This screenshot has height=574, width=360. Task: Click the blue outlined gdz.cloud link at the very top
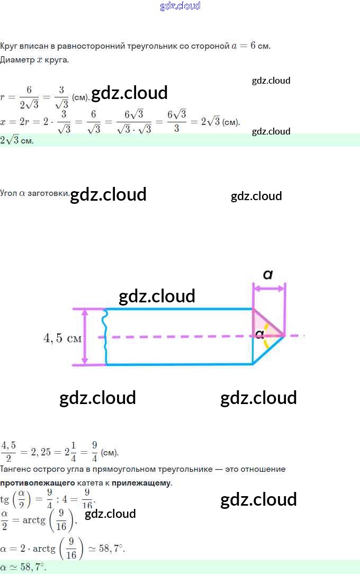(x=180, y=6)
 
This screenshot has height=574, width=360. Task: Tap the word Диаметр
(x=17, y=59)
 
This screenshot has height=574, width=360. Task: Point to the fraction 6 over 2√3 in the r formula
(x=29, y=97)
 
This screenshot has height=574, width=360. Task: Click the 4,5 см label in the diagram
(x=62, y=338)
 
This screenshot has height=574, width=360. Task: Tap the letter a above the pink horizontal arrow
(x=268, y=274)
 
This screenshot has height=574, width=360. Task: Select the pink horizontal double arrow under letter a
(x=269, y=289)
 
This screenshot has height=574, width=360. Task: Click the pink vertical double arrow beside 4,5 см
(x=85, y=337)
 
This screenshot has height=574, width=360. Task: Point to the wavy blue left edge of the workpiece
(x=106, y=337)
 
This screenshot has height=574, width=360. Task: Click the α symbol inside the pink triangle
(x=259, y=334)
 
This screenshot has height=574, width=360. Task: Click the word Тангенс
(x=16, y=469)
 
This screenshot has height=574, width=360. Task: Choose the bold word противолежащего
(x=34, y=483)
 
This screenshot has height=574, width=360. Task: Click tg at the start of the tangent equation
(x=5, y=499)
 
